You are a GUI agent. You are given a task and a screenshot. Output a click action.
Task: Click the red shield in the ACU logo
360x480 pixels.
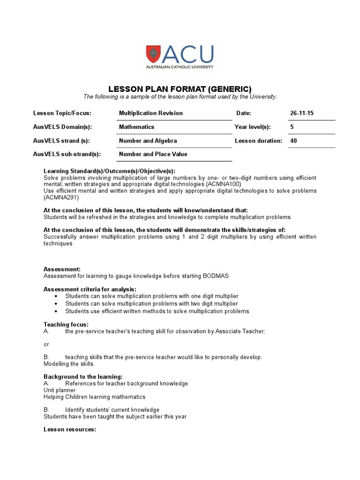(x=153, y=54)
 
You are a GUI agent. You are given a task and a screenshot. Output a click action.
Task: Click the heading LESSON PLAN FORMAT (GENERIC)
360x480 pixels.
(x=180, y=89)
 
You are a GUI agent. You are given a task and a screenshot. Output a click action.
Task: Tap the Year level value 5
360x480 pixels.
(x=292, y=127)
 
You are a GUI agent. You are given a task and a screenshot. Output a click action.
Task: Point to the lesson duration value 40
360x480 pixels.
(x=294, y=141)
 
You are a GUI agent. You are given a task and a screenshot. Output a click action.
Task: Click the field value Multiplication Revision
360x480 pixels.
(x=151, y=113)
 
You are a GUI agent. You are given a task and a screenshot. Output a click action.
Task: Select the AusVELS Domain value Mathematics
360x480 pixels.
(x=136, y=127)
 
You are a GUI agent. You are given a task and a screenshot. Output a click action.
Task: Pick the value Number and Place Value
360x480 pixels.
(x=153, y=154)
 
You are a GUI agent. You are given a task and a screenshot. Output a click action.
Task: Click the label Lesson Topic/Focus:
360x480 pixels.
(x=62, y=113)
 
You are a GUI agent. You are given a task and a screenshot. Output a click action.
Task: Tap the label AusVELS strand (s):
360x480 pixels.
(x=61, y=141)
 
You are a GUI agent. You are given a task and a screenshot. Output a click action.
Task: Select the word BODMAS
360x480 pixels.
(x=216, y=276)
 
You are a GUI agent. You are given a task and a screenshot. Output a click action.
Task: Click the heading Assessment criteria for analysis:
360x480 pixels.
(x=90, y=289)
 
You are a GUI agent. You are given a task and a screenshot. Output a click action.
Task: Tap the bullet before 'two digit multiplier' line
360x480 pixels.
(x=56, y=304)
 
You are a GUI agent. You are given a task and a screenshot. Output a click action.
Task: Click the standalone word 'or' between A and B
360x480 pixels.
(x=46, y=344)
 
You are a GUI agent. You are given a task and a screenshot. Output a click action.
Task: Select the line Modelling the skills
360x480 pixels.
(x=68, y=364)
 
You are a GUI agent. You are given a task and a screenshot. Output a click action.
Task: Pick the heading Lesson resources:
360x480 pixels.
(x=70, y=429)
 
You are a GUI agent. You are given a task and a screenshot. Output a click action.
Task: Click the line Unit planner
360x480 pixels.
(x=60, y=390)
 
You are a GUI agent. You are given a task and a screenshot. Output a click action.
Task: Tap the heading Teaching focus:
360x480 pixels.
(x=66, y=324)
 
